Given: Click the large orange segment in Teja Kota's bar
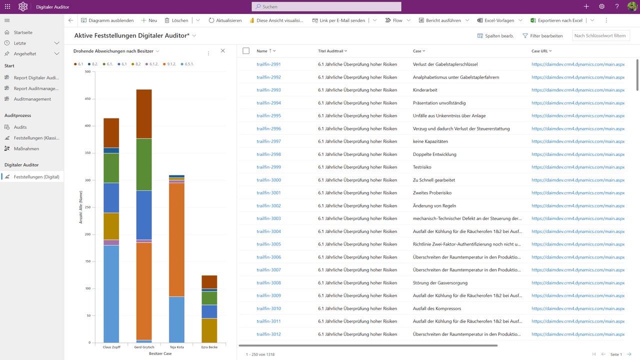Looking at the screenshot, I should coord(176,240).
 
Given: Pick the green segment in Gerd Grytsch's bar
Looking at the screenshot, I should coord(144,164).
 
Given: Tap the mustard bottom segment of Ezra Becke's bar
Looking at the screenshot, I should coord(209,330).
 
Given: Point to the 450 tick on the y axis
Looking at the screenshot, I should coord(88,99).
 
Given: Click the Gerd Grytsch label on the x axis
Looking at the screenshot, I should coord(144,347).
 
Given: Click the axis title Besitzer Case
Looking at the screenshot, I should coord(160,353).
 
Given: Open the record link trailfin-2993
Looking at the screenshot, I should coord(268,90).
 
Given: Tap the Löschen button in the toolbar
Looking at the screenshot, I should coord(176,20).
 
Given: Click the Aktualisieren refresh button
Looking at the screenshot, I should coord(225,20).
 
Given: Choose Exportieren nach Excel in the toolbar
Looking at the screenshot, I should coord(556,20).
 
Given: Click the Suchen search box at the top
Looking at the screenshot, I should coord(326,6).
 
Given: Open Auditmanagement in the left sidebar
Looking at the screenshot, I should coord(32,99).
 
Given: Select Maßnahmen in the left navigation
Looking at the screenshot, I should coord(26,148).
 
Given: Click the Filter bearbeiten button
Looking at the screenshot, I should coord(542,36).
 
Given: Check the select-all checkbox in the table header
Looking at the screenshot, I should coord(245,51).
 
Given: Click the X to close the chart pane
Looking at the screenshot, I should coord(223,51).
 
